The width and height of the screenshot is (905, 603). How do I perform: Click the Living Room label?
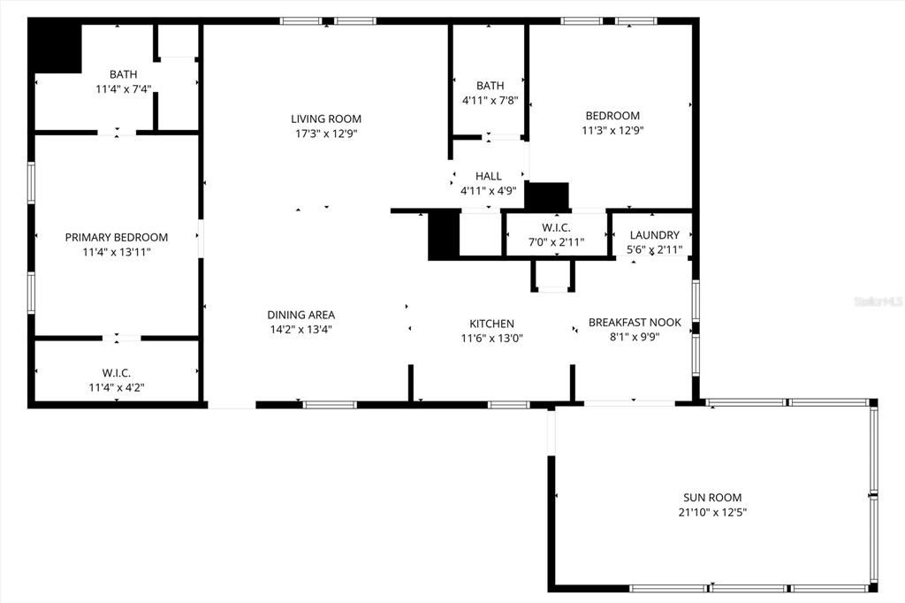tap(326, 118)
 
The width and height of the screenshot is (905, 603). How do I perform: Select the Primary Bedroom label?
tap(116, 237)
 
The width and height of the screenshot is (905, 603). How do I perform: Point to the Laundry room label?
tap(654, 235)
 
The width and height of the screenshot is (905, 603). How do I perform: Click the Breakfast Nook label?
tap(635, 323)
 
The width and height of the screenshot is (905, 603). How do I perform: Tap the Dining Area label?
tap(300, 315)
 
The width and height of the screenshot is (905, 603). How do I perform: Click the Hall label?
tap(488, 176)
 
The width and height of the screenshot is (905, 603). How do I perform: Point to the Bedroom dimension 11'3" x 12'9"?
tap(612, 131)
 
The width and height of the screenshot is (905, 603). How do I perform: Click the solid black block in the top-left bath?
tap(55, 48)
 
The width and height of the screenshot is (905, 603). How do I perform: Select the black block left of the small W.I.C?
tap(444, 235)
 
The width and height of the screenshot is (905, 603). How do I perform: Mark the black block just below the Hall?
tap(547, 195)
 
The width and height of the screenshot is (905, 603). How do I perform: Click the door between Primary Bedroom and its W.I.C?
tap(121, 337)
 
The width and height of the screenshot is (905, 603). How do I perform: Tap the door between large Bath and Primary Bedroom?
tap(117, 133)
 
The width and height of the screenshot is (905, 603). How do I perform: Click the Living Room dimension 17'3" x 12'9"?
tap(326, 134)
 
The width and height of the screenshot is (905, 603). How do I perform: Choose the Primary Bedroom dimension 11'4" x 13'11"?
tap(116, 252)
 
